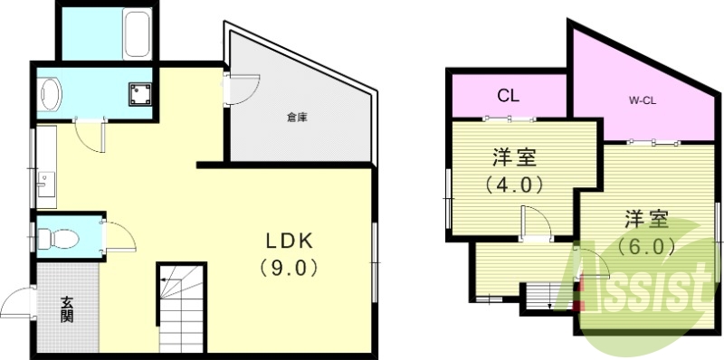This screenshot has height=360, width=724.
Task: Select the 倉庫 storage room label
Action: [296, 117]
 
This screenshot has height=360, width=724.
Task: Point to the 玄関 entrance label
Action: [68, 309]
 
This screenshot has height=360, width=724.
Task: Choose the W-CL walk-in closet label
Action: [643, 100]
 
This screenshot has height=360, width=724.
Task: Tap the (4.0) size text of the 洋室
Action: [513, 185]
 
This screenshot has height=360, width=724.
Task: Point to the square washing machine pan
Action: [139, 93]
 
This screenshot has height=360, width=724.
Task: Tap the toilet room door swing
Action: [119, 238]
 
